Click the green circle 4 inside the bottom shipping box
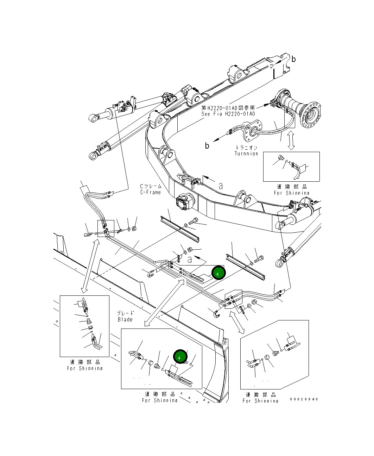click(x=179, y=357)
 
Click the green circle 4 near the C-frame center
click(x=218, y=273)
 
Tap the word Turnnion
click(x=246, y=154)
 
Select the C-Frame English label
click(x=151, y=192)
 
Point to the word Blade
click(x=125, y=319)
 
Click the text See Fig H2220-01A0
click(x=228, y=114)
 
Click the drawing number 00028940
click(x=304, y=399)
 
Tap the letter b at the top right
click(x=294, y=59)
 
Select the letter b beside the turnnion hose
click(x=207, y=145)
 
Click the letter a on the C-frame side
click(x=221, y=186)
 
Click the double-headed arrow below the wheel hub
click(x=291, y=140)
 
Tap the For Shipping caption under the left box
click(x=85, y=368)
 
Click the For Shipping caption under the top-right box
click(x=292, y=193)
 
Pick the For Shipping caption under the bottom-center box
click(x=160, y=400)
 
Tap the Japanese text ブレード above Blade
click(x=126, y=313)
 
